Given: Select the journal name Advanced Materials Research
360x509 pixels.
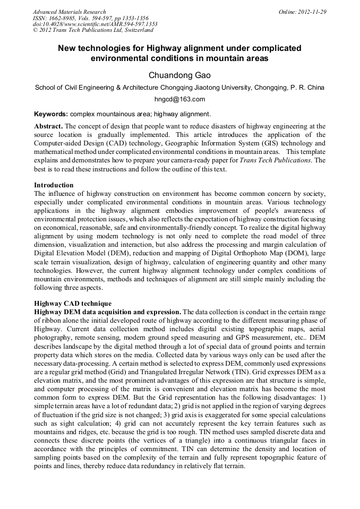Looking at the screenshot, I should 69,12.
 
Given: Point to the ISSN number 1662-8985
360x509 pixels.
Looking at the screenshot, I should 62,18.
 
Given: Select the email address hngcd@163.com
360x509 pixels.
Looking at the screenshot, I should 179,99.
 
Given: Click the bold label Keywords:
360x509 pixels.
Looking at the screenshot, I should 51,114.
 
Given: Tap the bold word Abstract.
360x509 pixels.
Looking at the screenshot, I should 48,127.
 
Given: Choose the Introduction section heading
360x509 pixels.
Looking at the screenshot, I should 54,185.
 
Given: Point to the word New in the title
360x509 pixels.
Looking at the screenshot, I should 68,48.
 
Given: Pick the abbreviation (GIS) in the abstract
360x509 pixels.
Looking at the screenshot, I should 279,143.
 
